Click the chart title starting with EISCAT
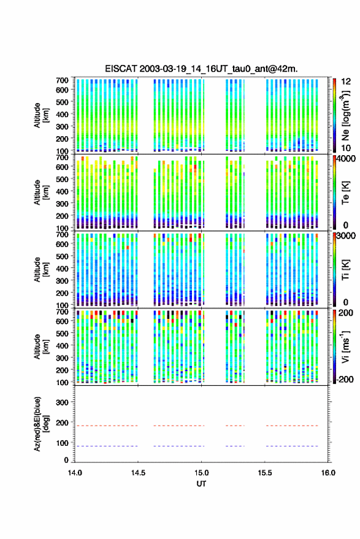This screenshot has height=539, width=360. pyautogui.click(x=201, y=69)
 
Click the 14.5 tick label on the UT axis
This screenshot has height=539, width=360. pyautogui.click(x=138, y=473)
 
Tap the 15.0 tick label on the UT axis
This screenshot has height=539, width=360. pyautogui.click(x=201, y=473)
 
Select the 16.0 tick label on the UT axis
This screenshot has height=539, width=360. pyautogui.click(x=328, y=473)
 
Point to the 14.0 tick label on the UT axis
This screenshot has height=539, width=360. pyautogui.click(x=75, y=473)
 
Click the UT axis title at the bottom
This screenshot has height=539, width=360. pyautogui.click(x=201, y=484)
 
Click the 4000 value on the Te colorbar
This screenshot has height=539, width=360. pyautogui.click(x=347, y=159)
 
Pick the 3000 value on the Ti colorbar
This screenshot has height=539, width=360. pyautogui.click(x=347, y=236)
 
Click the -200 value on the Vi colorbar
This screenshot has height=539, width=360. pyautogui.click(x=345, y=380)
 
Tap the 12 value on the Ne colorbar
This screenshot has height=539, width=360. pyautogui.click(x=346, y=82)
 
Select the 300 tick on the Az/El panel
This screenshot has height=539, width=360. pyautogui.click(x=62, y=402)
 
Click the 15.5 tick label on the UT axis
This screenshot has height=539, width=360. pyautogui.click(x=265, y=473)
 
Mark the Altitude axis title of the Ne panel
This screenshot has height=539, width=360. pyautogui.click(x=41, y=115)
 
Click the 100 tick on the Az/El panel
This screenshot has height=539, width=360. pyautogui.click(x=62, y=443)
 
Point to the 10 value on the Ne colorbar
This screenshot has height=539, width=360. pyautogui.click(x=346, y=148)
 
